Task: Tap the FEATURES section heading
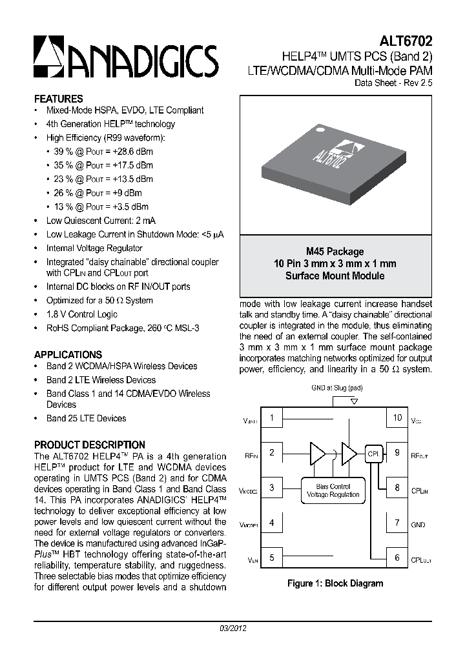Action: click(58, 99)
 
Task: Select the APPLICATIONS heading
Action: click(68, 354)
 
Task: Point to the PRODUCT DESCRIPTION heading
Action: click(89, 445)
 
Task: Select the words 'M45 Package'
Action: click(335, 252)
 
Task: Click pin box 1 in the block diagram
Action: click(272, 417)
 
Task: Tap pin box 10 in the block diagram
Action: click(397, 417)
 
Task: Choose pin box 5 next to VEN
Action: click(272, 558)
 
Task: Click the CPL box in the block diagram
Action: click(374, 454)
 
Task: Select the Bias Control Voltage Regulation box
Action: click(333, 490)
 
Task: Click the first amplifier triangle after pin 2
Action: click(318, 453)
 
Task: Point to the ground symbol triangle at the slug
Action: click(353, 401)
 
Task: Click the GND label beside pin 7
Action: click(418, 525)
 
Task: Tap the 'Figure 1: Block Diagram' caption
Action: click(335, 583)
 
